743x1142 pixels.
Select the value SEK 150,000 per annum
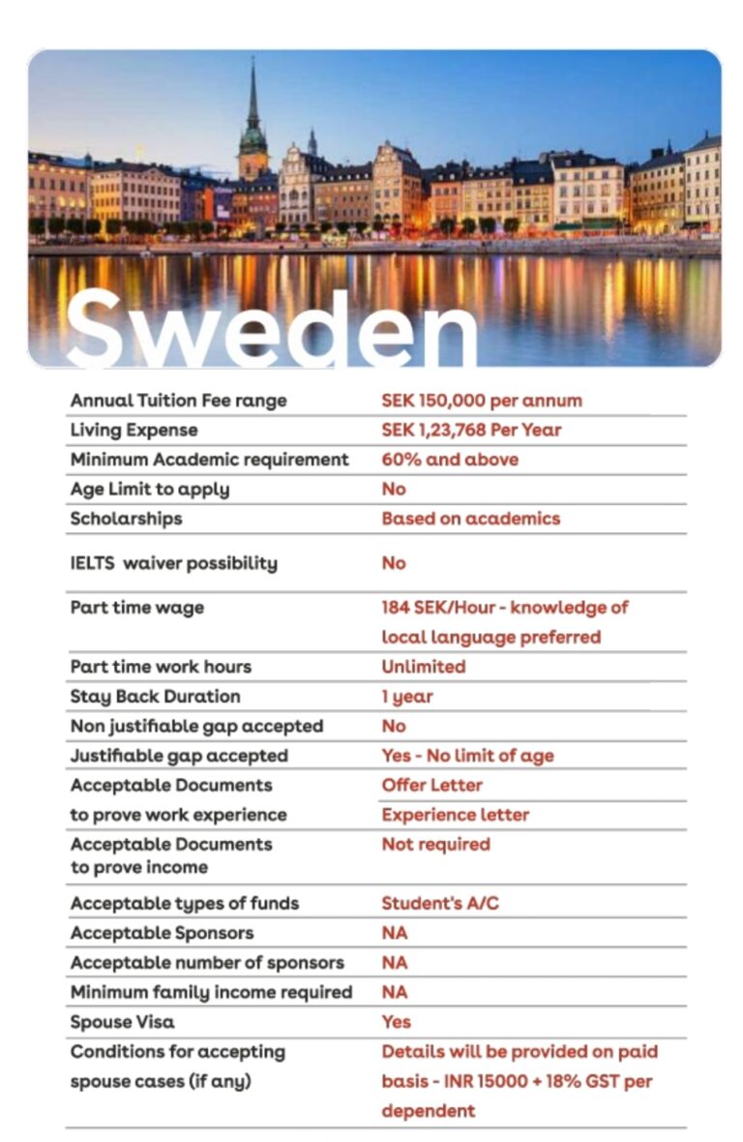coord(482,400)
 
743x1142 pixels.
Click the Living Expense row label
coord(134,430)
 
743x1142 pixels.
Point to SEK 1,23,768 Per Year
coord(471,430)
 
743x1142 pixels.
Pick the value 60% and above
coord(450,460)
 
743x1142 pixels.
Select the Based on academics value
coord(470,519)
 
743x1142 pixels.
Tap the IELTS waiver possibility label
coord(173,563)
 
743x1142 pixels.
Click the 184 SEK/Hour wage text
coord(504,608)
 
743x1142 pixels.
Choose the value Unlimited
coord(423,667)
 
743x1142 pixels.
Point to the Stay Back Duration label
coord(155,697)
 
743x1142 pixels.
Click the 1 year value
coord(407,697)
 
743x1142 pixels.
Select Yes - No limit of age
coord(467,756)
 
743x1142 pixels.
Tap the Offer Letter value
coord(431,785)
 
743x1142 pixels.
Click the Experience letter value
coord(455,815)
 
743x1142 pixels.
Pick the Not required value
coord(435,844)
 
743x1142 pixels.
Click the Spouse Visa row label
coord(123,1022)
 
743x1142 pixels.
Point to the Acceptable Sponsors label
coord(162,933)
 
